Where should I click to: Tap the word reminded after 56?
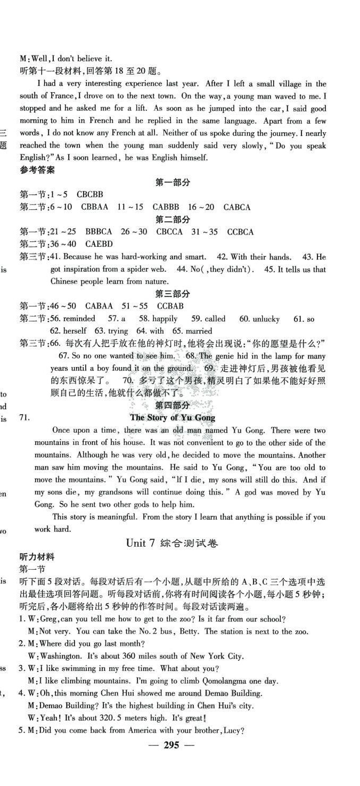(x=79, y=319)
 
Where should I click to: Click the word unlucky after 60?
(x=266, y=319)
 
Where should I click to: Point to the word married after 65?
(x=199, y=331)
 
